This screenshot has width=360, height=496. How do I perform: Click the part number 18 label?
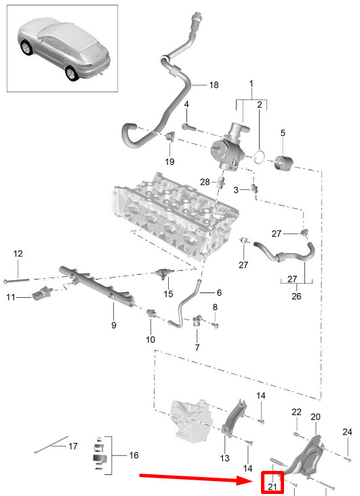pyautogui.click(x=214, y=85)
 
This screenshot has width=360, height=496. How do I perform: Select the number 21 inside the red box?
pyautogui.click(x=272, y=487)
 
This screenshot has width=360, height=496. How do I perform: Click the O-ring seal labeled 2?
pyautogui.click(x=260, y=157)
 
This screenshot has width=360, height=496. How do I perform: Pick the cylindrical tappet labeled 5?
pyautogui.click(x=283, y=163)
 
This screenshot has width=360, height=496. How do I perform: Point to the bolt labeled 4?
pyautogui.click(x=189, y=128)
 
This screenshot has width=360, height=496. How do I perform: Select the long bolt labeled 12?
pyautogui.click(x=16, y=281)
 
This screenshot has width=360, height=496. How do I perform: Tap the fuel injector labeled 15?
pyautogui.click(x=164, y=273)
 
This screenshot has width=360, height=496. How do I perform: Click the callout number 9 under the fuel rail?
pyautogui.click(x=114, y=325)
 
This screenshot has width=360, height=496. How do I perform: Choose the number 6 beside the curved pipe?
pyautogui.click(x=219, y=292)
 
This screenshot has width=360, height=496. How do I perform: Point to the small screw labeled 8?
pyautogui.click(x=215, y=325)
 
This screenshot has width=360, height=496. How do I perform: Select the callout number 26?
pyautogui.click(x=296, y=297)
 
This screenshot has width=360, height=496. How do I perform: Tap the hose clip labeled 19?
pyautogui.click(x=170, y=136)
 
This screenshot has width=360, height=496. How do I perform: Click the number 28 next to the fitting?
pyautogui.click(x=205, y=182)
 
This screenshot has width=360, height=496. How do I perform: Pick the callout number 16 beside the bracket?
pyautogui.click(x=134, y=455)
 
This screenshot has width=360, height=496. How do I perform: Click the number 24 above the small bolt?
pyautogui.click(x=347, y=432)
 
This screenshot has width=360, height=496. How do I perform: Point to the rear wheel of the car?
pyautogui.click(x=72, y=73)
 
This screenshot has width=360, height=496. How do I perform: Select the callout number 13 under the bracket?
pyautogui.click(x=224, y=458)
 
